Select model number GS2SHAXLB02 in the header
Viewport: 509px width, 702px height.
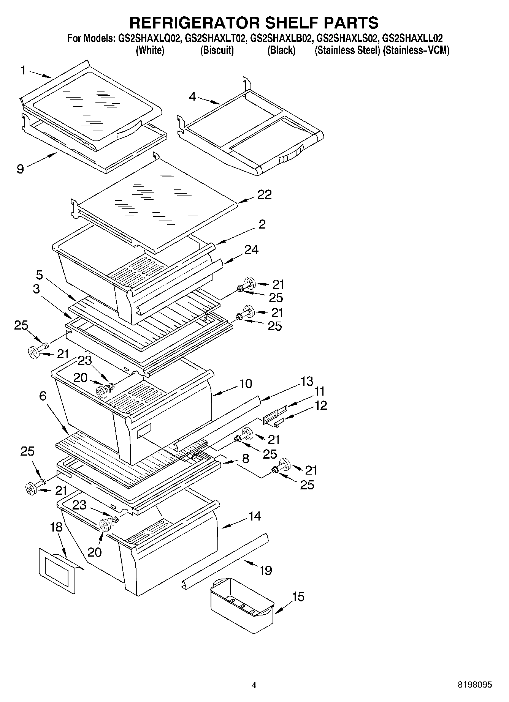point(281,38)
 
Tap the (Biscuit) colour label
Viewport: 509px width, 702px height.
point(217,50)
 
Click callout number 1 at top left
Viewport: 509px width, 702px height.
point(23,70)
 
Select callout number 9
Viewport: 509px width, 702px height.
point(20,169)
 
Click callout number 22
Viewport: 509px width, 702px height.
point(265,194)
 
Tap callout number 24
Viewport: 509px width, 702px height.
point(251,249)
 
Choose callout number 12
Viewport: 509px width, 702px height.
point(321,405)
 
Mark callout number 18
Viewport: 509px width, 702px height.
point(56,527)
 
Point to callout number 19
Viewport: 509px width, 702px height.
point(266,570)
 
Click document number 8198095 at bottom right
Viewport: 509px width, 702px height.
point(474,685)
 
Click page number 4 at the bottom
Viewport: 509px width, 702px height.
point(254,685)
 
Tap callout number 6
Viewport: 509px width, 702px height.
point(43,396)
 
